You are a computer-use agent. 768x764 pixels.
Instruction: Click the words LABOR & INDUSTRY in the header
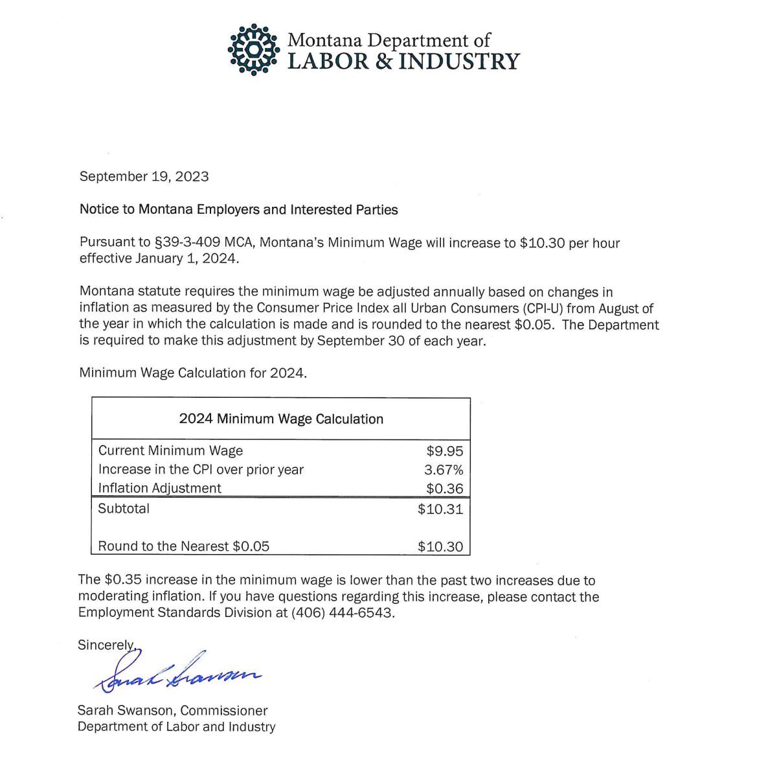click(x=403, y=61)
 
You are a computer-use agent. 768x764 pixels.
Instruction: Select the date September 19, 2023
click(x=144, y=176)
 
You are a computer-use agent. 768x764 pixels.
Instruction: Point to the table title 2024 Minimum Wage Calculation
click(x=281, y=419)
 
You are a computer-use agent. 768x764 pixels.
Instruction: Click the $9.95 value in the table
click(x=445, y=451)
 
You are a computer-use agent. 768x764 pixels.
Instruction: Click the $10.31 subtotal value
click(x=440, y=509)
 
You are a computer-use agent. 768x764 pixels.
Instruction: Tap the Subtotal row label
click(x=124, y=509)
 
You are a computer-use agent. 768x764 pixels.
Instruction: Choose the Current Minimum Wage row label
click(x=170, y=451)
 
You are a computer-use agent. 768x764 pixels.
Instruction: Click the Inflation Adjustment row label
click(x=159, y=489)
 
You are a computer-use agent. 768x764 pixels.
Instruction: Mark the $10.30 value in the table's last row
click(x=440, y=546)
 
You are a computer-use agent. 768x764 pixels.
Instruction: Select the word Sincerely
click(x=106, y=645)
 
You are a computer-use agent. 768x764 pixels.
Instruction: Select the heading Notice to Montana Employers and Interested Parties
click(x=238, y=210)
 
